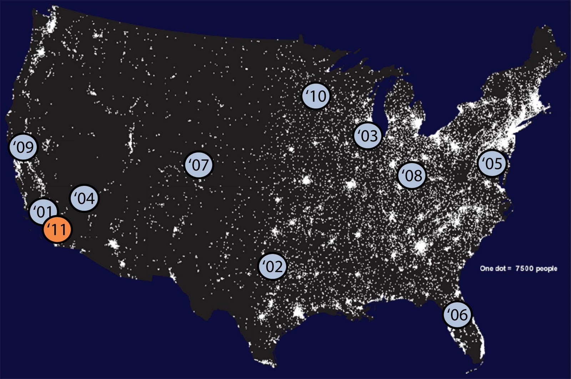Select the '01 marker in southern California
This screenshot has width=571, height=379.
pos(42,211)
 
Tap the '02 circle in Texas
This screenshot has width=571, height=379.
pos(273,266)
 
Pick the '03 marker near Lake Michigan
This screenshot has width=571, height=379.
pos(367,135)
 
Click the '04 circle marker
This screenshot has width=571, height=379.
pos(85,198)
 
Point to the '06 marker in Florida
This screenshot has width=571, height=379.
pos(457,314)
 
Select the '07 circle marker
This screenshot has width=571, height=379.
pos(198,165)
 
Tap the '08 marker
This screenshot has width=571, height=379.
pos(412,175)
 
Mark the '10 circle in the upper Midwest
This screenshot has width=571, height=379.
pos(316,96)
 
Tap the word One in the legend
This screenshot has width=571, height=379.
pos(486,268)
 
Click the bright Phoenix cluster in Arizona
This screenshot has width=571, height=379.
pos(114,244)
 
